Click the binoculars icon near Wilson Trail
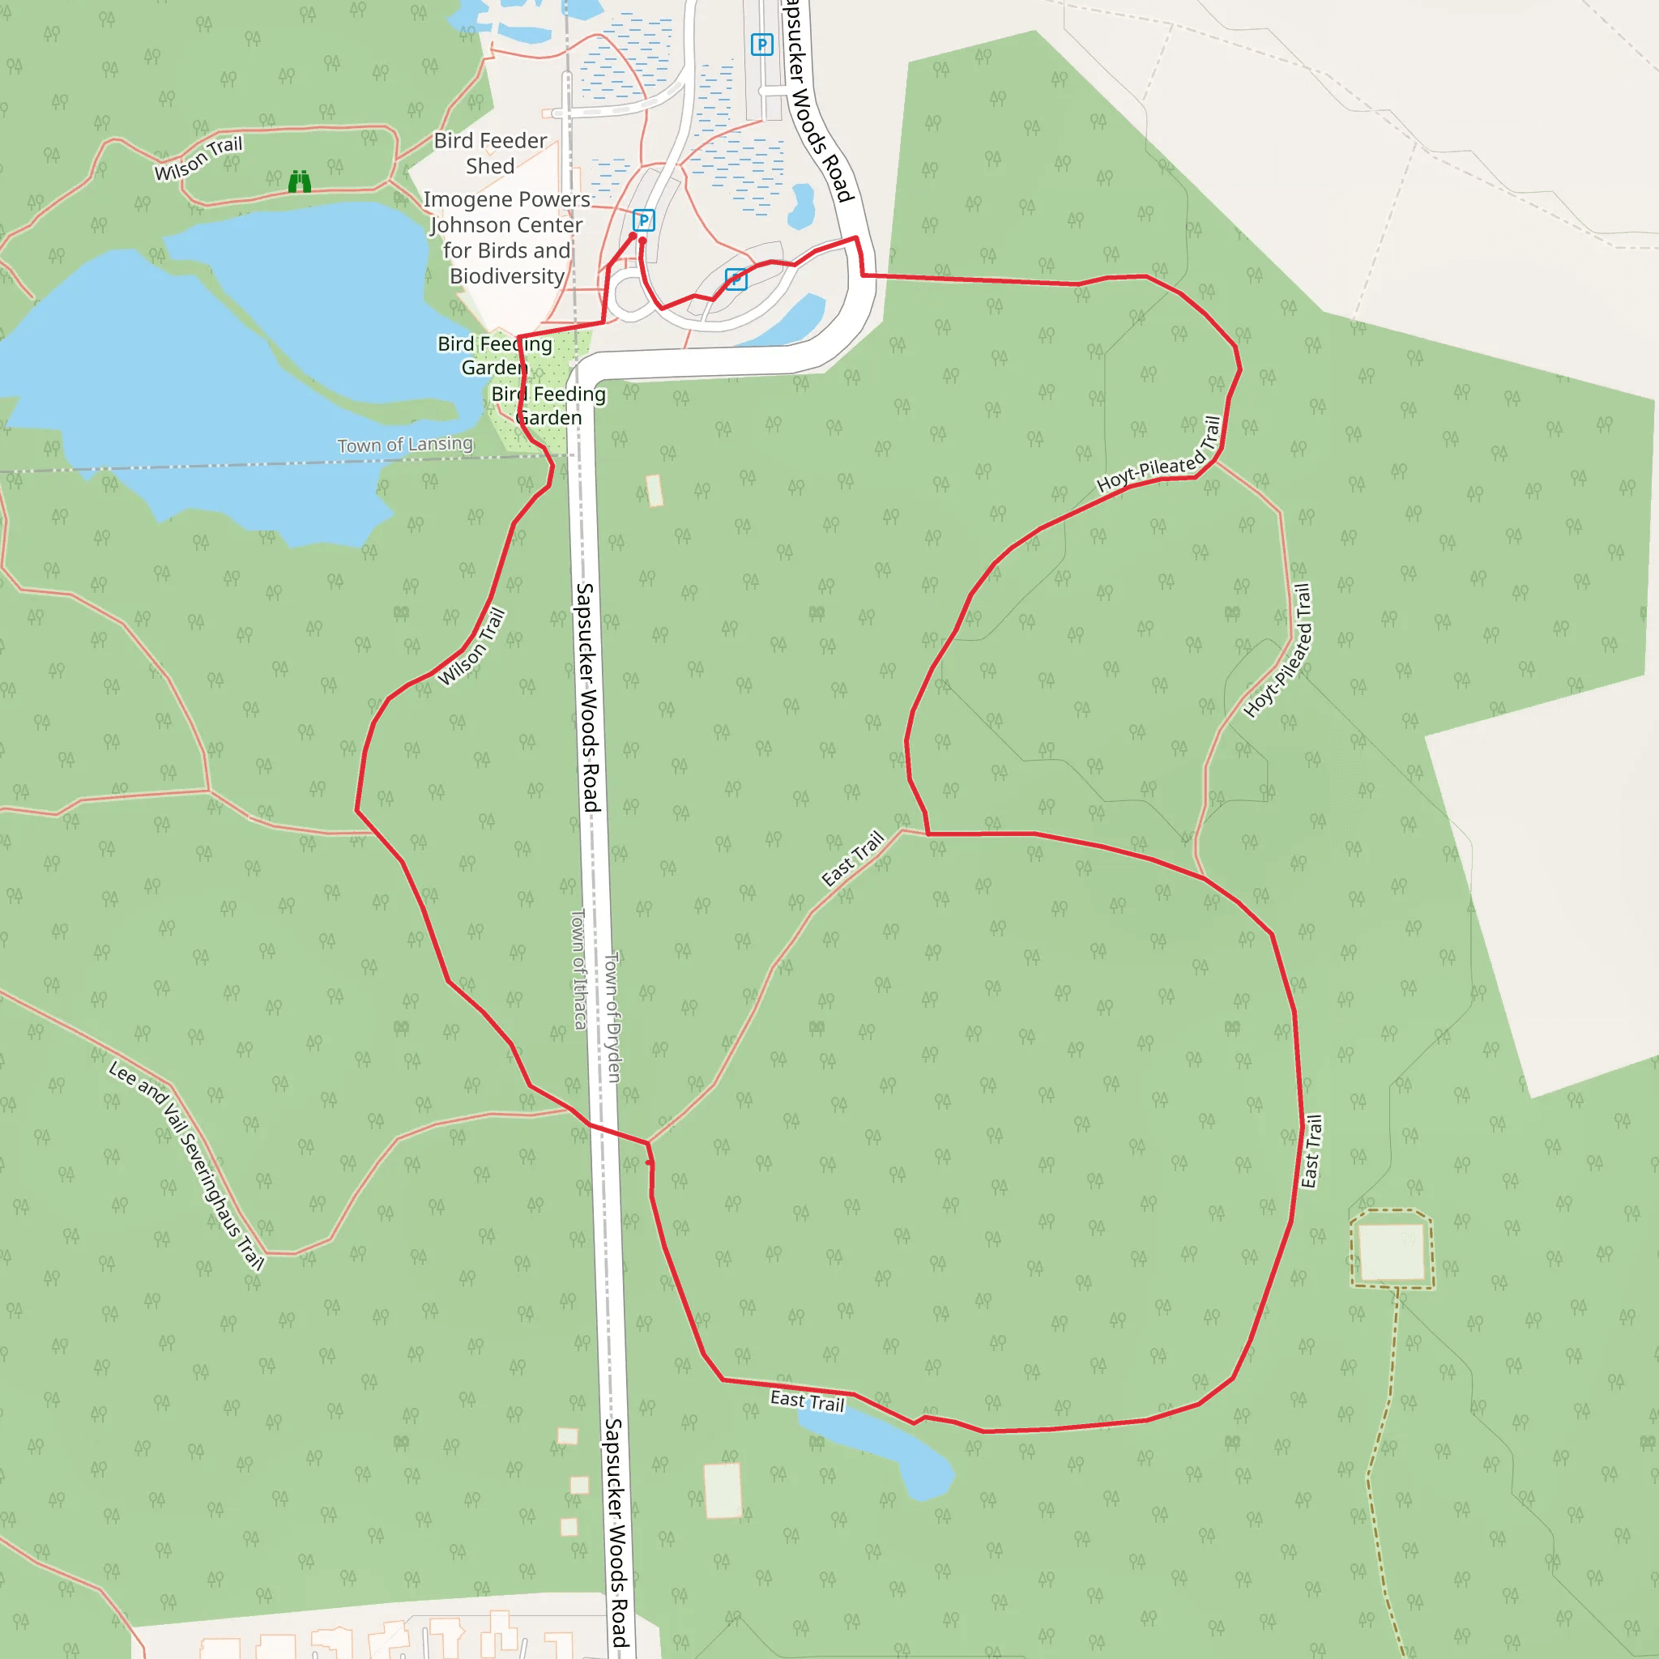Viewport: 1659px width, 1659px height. (299, 181)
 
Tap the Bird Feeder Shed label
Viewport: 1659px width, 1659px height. (489, 153)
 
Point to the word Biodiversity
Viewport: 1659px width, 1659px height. (506, 275)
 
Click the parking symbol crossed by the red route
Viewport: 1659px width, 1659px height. (736, 279)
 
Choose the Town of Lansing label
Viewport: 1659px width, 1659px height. (404, 445)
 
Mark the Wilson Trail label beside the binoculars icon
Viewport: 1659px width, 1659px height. (198, 159)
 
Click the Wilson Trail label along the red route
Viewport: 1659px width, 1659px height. (471, 646)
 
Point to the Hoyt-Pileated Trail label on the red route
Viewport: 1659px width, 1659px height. (1159, 455)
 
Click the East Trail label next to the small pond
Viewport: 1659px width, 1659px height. (807, 1401)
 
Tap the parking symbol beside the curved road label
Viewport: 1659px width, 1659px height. (761, 45)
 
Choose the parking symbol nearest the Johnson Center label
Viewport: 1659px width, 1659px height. (643, 220)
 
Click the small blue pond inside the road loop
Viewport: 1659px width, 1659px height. (801, 206)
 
